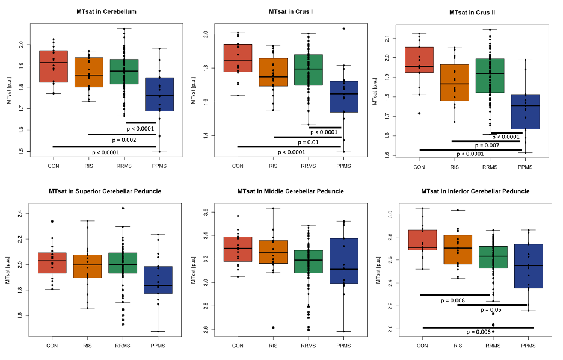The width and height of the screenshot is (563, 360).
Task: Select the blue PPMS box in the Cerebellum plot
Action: tap(159, 94)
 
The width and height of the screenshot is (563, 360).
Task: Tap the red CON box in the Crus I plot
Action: tap(238, 58)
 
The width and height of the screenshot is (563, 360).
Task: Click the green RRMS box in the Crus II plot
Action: tap(490, 75)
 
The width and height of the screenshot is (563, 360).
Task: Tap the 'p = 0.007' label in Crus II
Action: tap(487, 145)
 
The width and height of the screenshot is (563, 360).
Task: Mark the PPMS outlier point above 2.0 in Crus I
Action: tap(343, 29)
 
